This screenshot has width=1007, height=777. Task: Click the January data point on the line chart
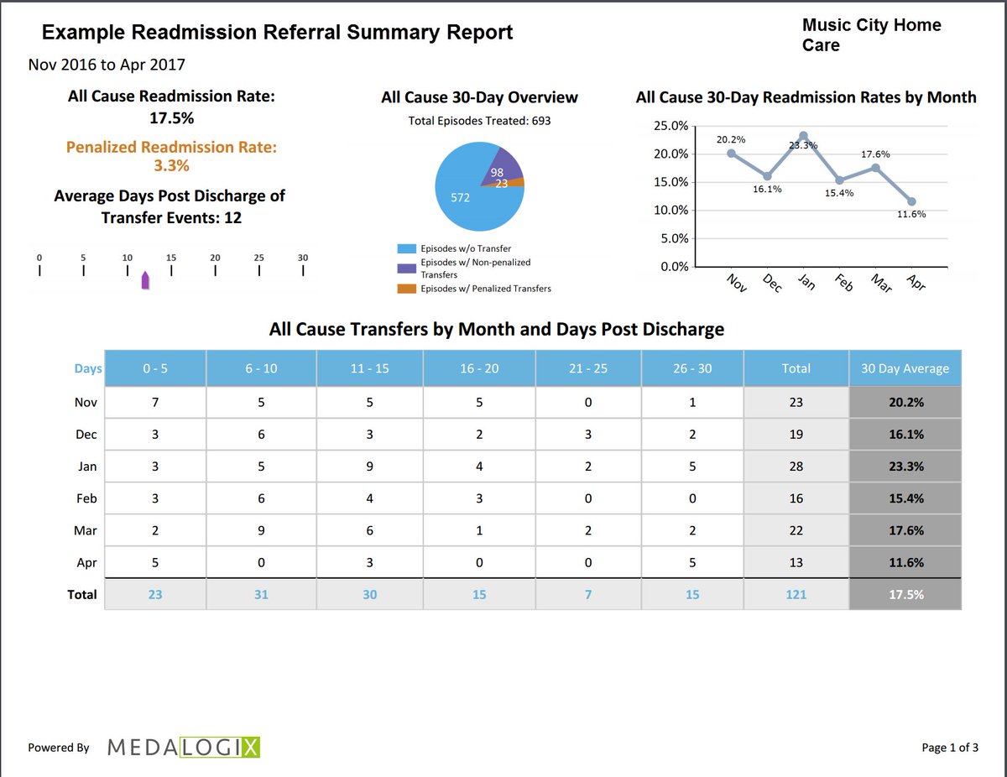click(x=803, y=136)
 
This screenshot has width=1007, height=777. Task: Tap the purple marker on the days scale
click(x=145, y=280)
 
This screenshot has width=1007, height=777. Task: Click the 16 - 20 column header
click(x=478, y=368)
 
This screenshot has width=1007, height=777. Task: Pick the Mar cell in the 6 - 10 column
click(x=262, y=530)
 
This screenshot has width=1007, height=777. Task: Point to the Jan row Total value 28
click(x=796, y=467)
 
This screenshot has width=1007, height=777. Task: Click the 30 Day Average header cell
click(x=905, y=368)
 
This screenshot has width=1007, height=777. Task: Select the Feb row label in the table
click(x=86, y=498)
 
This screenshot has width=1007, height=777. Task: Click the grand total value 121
click(x=796, y=594)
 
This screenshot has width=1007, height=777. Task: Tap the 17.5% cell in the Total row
click(x=905, y=594)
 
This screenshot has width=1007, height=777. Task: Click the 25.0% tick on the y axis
click(x=670, y=126)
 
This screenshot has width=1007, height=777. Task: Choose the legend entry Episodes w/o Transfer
click(x=464, y=248)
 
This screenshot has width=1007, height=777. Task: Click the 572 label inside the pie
click(x=460, y=198)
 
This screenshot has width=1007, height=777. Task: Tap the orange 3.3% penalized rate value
click(x=171, y=165)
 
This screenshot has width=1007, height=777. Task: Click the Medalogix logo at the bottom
click(x=184, y=747)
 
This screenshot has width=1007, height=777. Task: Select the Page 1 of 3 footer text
click(x=949, y=748)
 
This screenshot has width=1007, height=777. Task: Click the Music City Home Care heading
click(x=871, y=35)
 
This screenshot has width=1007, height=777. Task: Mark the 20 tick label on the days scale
click(x=215, y=258)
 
